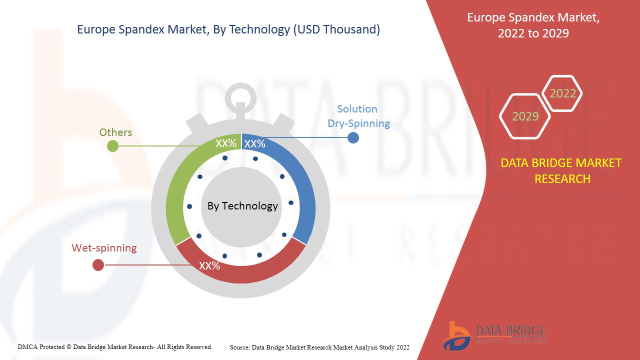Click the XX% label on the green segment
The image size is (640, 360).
[x=225, y=144]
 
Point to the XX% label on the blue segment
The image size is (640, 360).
[x=255, y=144]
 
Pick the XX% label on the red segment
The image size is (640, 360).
[x=209, y=266]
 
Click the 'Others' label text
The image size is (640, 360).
[x=115, y=132]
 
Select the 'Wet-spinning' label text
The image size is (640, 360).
[x=104, y=248]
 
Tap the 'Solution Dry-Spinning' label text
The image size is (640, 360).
[x=358, y=116]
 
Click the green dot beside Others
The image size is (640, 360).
[x=113, y=146]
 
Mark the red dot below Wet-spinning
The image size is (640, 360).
[x=98, y=265]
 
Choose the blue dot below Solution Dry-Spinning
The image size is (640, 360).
[x=353, y=137]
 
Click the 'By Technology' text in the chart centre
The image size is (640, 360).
[x=242, y=206]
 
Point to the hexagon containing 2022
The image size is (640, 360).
[x=562, y=93]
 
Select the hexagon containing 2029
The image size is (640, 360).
[x=525, y=116]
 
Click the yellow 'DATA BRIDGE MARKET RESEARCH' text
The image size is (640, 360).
[x=562, y=170]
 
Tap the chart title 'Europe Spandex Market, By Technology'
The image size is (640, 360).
[x=228, y=29]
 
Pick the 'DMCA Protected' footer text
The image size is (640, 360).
[x=115, y=346]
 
